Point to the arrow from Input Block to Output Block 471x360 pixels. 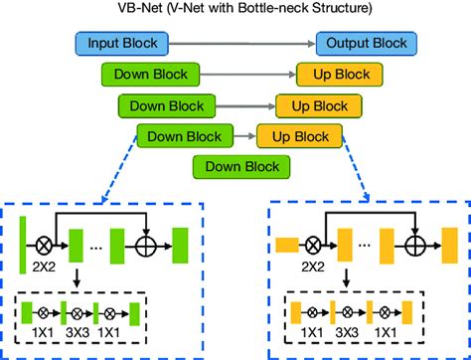(242, 44)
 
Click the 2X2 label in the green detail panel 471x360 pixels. (46, 268)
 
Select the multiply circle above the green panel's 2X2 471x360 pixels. (45, 242)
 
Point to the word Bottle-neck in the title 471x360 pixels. (278, 10)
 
